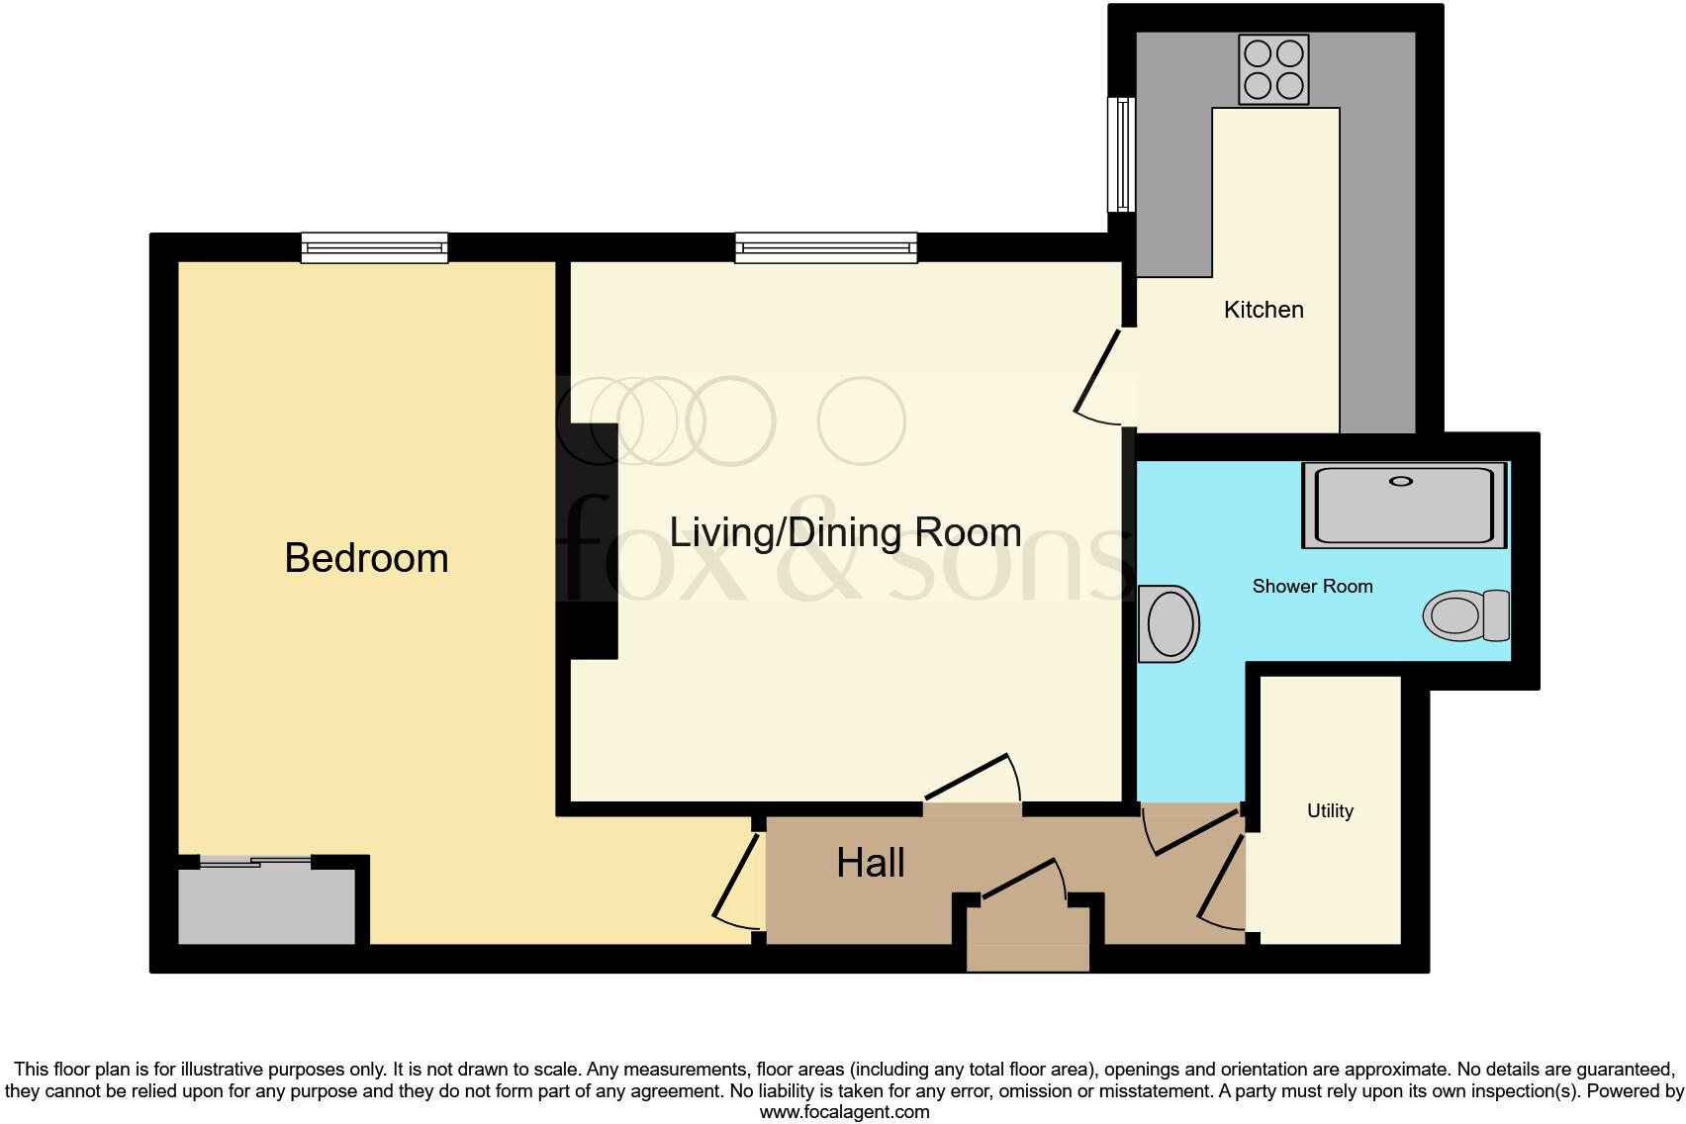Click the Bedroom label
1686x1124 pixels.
(x=366, y=558)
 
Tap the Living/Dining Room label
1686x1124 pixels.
(x=845, y=532)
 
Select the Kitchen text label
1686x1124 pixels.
(x=1264, y=310)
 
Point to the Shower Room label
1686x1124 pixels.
(x=1312, y=586)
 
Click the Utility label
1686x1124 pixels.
(x=1330, y=810)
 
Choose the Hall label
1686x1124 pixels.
(x=871, y=863)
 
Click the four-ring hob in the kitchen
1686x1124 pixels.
(x=1273, y=69)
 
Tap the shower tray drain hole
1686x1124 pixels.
(x=1401, y=481)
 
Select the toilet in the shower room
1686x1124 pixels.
(x=1465, y=615)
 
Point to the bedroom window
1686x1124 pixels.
(x=374, y=247)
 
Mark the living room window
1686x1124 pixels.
(x=825, y=247)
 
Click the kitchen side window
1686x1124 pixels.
(x=1121, y=154)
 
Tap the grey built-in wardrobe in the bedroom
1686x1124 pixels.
(x=265, y=906)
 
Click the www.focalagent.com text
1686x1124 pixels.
(x=844, y=1111)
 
